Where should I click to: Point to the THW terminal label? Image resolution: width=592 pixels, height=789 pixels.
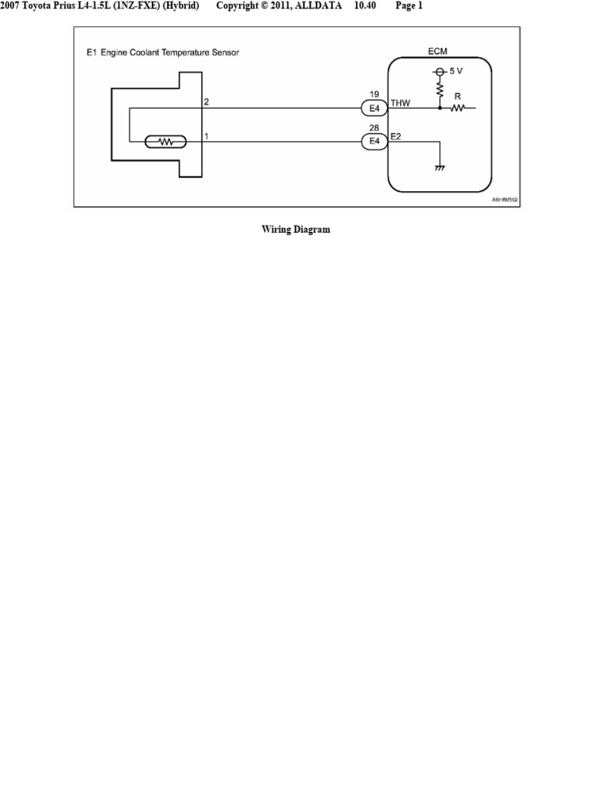(401, 102)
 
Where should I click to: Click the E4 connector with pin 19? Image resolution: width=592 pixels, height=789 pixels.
(375, 109)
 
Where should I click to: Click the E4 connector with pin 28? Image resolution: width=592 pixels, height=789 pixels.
(375, 141)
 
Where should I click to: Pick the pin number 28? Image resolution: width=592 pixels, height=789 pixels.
(375, 128)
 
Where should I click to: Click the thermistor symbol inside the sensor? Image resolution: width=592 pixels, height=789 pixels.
(164, 142)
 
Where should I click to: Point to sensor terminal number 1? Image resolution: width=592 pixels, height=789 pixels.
(207, 136)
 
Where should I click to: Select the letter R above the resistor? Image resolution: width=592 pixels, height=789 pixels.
(457, 98)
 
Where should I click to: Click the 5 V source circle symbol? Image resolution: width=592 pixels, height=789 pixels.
(439, 72)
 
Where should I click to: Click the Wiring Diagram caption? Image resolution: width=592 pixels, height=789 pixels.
(296, 230)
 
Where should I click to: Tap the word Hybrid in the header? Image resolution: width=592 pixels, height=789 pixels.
(182, 6)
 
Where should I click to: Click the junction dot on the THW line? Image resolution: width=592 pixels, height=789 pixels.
(440, 109)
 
